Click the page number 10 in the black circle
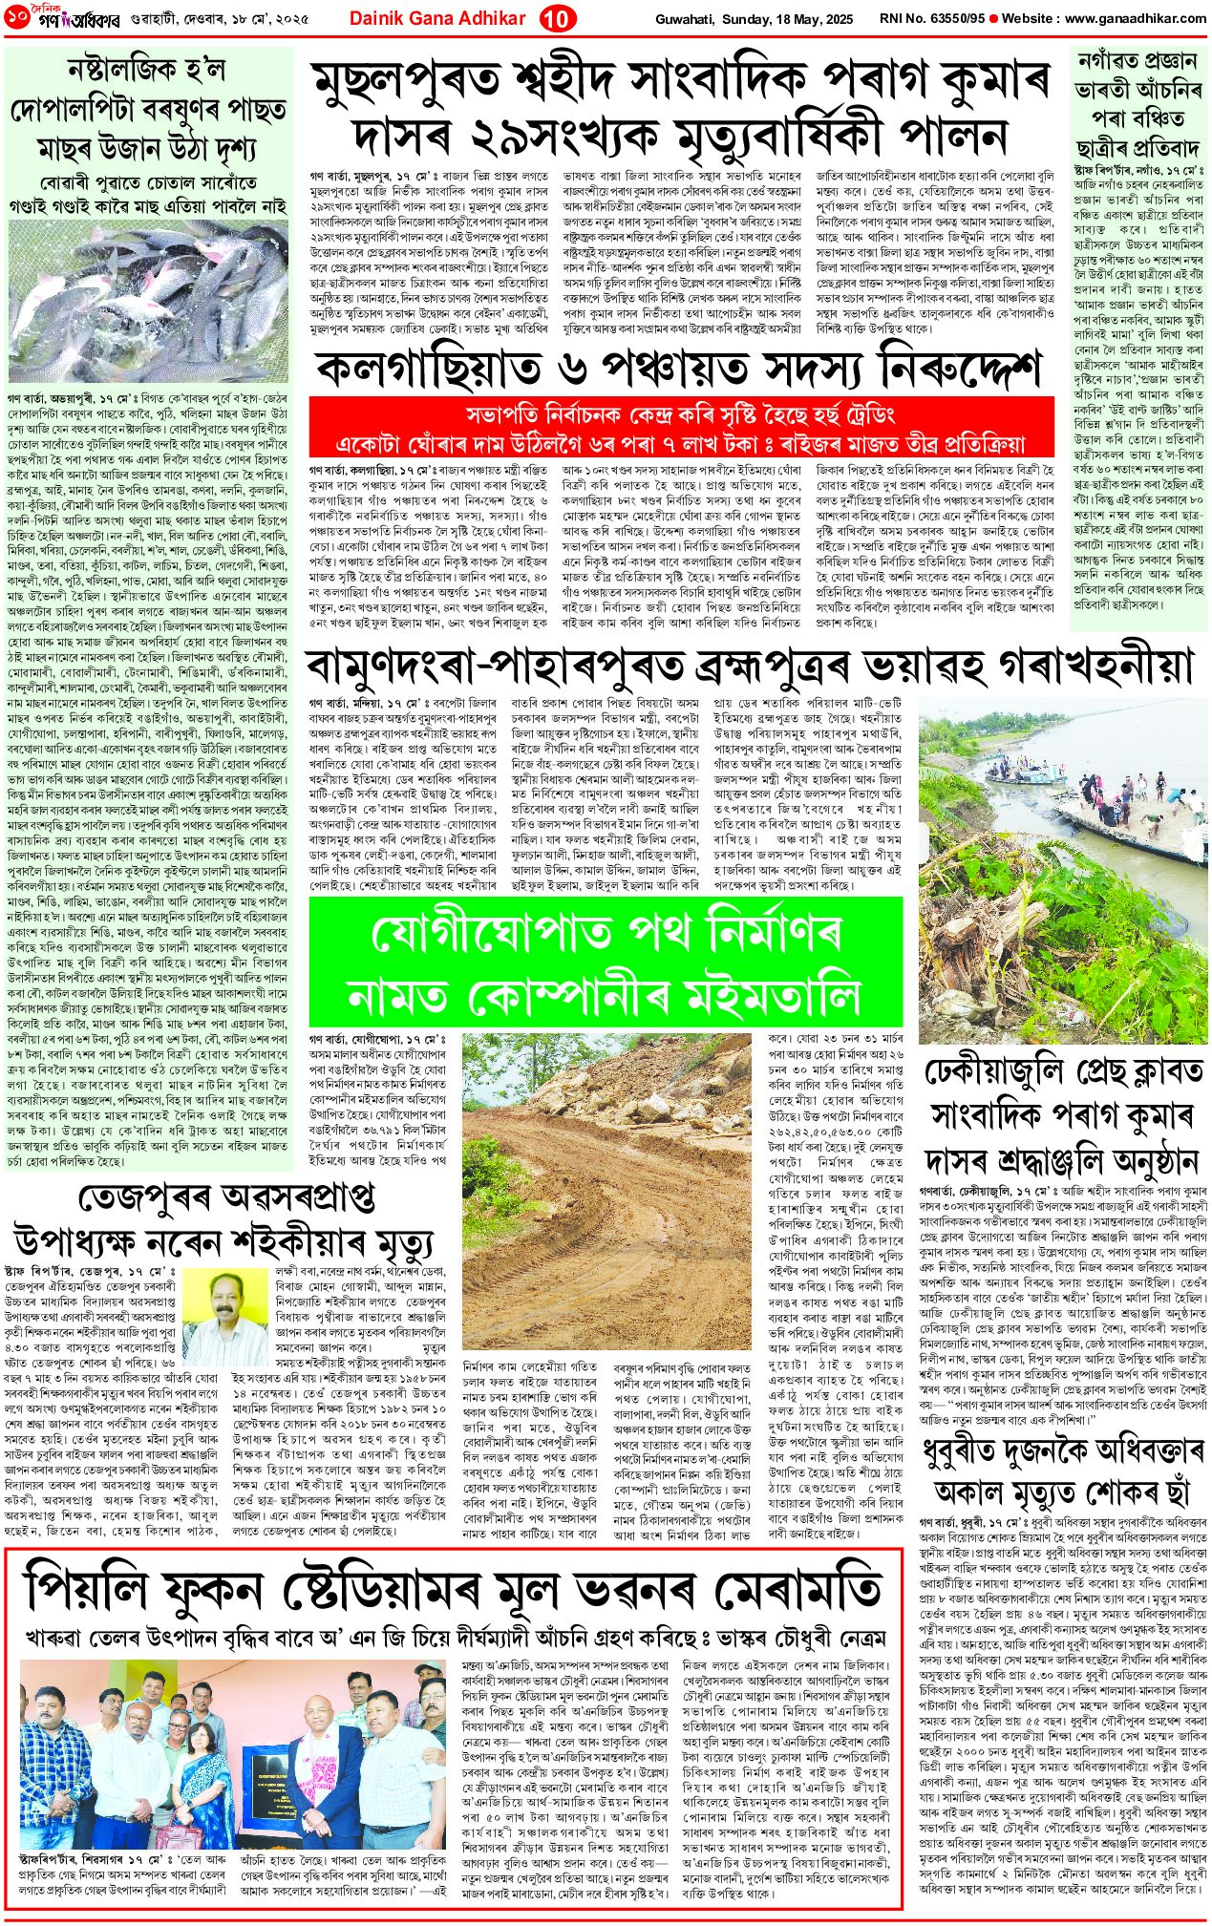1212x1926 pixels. click(558, 18)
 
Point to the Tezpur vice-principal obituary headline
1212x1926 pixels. click(225, 1221)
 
